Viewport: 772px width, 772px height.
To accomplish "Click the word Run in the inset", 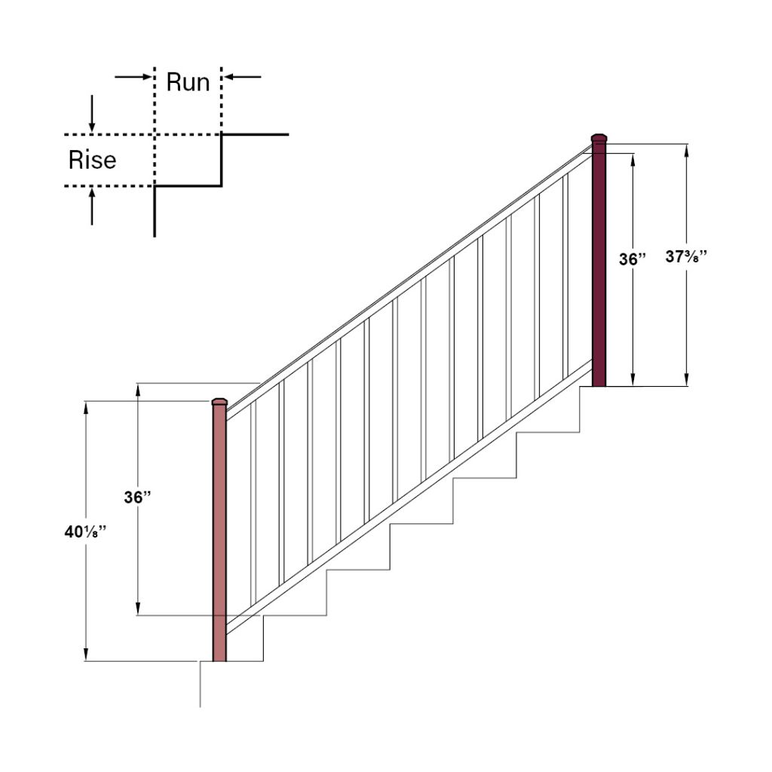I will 188,81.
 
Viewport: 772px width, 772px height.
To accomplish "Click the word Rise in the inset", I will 92,160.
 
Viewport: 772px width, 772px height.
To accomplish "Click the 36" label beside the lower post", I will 138,498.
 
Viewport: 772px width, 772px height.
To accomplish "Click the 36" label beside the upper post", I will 633,259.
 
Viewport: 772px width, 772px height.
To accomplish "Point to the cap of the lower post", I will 219,401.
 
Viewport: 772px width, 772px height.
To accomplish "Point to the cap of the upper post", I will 599,138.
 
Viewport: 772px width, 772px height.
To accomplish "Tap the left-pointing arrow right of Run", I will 243,77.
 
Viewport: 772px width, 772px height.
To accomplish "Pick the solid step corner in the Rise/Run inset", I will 221,185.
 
